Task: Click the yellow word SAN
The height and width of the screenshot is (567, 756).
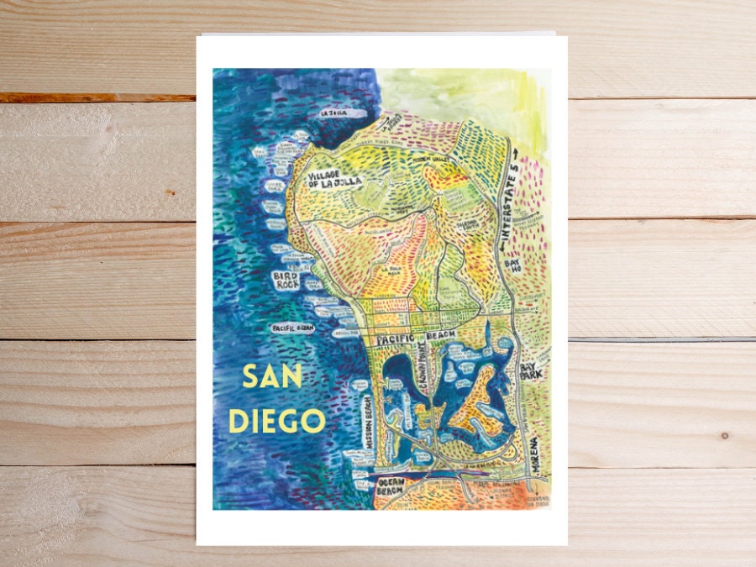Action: click(x=271, y=377)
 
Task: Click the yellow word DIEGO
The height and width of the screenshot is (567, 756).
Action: click(x=276, y=419)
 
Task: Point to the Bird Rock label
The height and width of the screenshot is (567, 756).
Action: click(x=288, y=280)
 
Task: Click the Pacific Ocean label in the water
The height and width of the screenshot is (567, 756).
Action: click(x=293, y=328)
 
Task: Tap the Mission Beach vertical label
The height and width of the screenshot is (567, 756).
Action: click(x=365, y=423)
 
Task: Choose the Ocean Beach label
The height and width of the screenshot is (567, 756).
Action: click(x=391, y=486)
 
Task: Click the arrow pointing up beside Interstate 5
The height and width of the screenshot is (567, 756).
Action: click(x=515, y=160)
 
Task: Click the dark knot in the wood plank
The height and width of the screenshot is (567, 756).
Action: click(x=724, y=435)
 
